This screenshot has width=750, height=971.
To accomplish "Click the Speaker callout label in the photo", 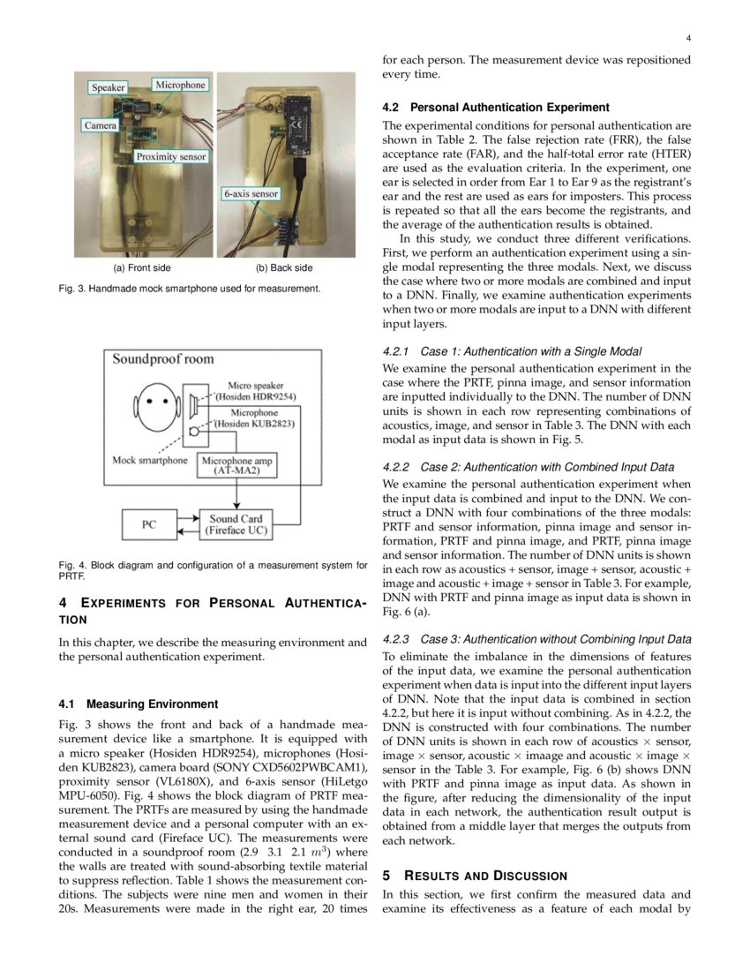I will [x=109, y=87].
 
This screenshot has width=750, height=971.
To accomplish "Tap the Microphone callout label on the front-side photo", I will [x=180, y=85].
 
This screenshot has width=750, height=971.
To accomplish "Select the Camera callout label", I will [x=100, y=125].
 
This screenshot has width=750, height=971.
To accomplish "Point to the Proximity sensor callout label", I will [x=170, y=156].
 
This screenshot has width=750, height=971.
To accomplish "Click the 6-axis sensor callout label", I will [x=251, y=193].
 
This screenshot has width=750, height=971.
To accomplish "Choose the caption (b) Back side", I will [x=283, y=267].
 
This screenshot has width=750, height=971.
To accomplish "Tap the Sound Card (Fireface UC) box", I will [x=236, y=524].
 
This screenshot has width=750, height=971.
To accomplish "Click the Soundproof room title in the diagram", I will [x=154, y=359].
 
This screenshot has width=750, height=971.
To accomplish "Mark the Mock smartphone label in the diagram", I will [x=150, y=460].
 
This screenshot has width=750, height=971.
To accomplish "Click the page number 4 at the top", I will [x=687, y=38].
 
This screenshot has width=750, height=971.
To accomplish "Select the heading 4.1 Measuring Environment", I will [x=138, y=704].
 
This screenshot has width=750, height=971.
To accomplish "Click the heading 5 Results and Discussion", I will [x=475, y=876].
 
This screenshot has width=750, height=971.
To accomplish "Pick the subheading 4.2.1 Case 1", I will [x=512, y=351].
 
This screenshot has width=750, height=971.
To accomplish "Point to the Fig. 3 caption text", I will [x=190, y=288].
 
